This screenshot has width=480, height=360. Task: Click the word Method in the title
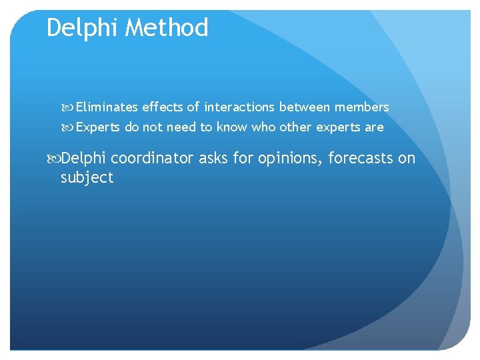(x=167, y=28)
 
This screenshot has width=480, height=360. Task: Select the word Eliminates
(x=107, y=107)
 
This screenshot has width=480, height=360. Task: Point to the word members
(x=362, y=107)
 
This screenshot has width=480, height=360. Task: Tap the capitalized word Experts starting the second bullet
(x=98, y=127)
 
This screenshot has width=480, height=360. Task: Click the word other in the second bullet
(x=295, y=127)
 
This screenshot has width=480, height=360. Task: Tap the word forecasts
(x=360, y=158)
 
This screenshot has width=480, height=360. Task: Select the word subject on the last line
(x=87, y=178)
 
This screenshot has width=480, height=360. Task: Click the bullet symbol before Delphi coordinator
(x=55, y=159)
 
